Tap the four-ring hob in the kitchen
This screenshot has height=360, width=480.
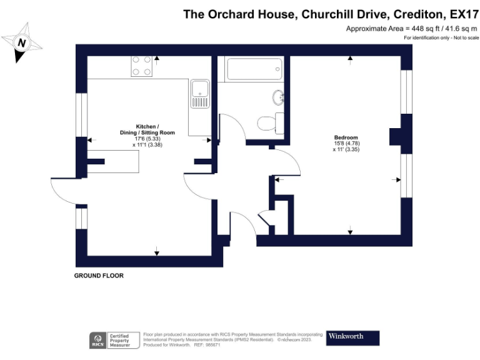[x=142, y=66]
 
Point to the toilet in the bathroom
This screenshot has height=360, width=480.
[x=269, y=122]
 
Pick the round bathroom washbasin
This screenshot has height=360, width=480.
[x=278, y=97]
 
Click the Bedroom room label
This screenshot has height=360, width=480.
[x=346, y=137]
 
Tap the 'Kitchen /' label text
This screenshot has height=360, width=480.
[x=147, y=126]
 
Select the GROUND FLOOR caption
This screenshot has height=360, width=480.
[x=99, y=276]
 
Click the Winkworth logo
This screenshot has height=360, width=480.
[x=353, y=337]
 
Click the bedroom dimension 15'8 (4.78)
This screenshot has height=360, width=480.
[x=346, y=144]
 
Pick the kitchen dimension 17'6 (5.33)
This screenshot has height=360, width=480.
[x=147, y=139]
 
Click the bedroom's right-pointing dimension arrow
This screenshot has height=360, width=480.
[x=396, y=180]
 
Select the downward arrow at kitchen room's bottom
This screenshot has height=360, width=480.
[x=156, y=251]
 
